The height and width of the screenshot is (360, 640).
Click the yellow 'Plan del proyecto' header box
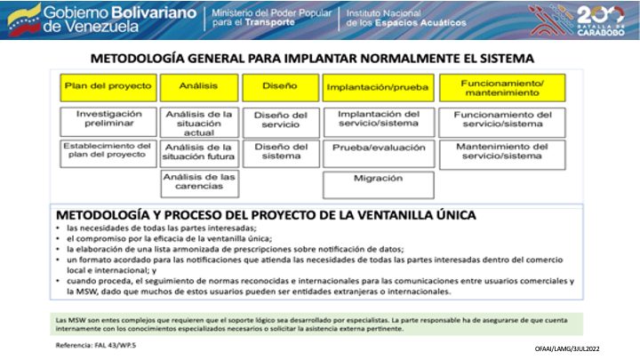coord(108,87)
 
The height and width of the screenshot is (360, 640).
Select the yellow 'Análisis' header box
coord(198,87)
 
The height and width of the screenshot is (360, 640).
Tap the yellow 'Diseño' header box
coord(280,87)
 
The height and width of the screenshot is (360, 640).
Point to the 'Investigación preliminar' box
coord(108,120)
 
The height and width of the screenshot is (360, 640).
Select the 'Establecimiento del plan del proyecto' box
coord(108,153)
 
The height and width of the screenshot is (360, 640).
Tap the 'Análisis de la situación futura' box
coord(198,153)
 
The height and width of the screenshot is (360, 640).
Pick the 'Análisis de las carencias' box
coord(198,183)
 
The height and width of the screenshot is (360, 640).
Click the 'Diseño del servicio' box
coord(280,121)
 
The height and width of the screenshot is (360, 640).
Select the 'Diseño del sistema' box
coord(280,153)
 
